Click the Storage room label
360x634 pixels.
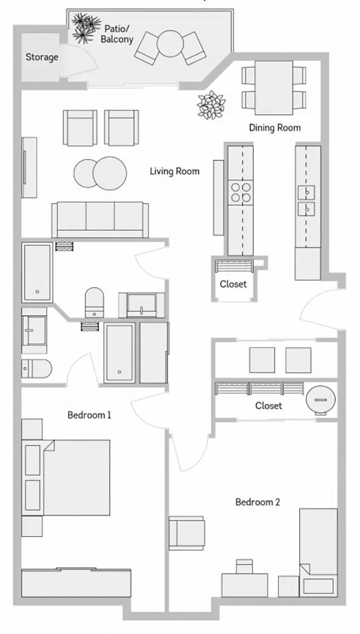(42, 57)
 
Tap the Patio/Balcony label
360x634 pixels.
(117, 34)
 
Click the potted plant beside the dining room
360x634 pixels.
(211, 105)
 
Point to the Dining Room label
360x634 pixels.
(274, 128)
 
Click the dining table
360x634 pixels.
(274, 87)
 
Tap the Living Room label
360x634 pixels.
(175, 171)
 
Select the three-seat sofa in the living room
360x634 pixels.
(100, 220)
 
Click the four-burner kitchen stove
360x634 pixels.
(240, 192)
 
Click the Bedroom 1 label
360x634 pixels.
(89, 415)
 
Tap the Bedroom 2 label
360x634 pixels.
(257, 502)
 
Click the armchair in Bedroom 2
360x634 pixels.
(186, 533)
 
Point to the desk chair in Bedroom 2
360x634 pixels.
(244, 566)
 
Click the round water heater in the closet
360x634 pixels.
(321, 399)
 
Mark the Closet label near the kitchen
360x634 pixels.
(233, 284)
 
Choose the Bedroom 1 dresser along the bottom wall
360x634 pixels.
(76, 582)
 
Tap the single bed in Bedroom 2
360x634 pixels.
(318, 552)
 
